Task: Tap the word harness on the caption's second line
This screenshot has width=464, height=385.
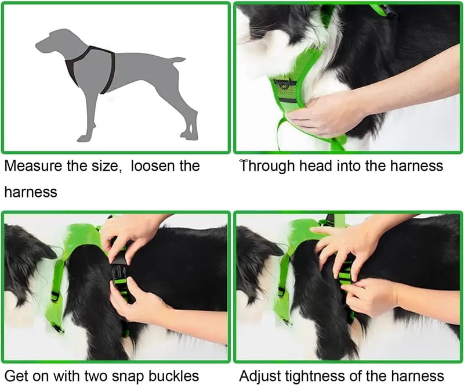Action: coord(31,192)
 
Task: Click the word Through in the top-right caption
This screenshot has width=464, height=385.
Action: coord(267,166)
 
